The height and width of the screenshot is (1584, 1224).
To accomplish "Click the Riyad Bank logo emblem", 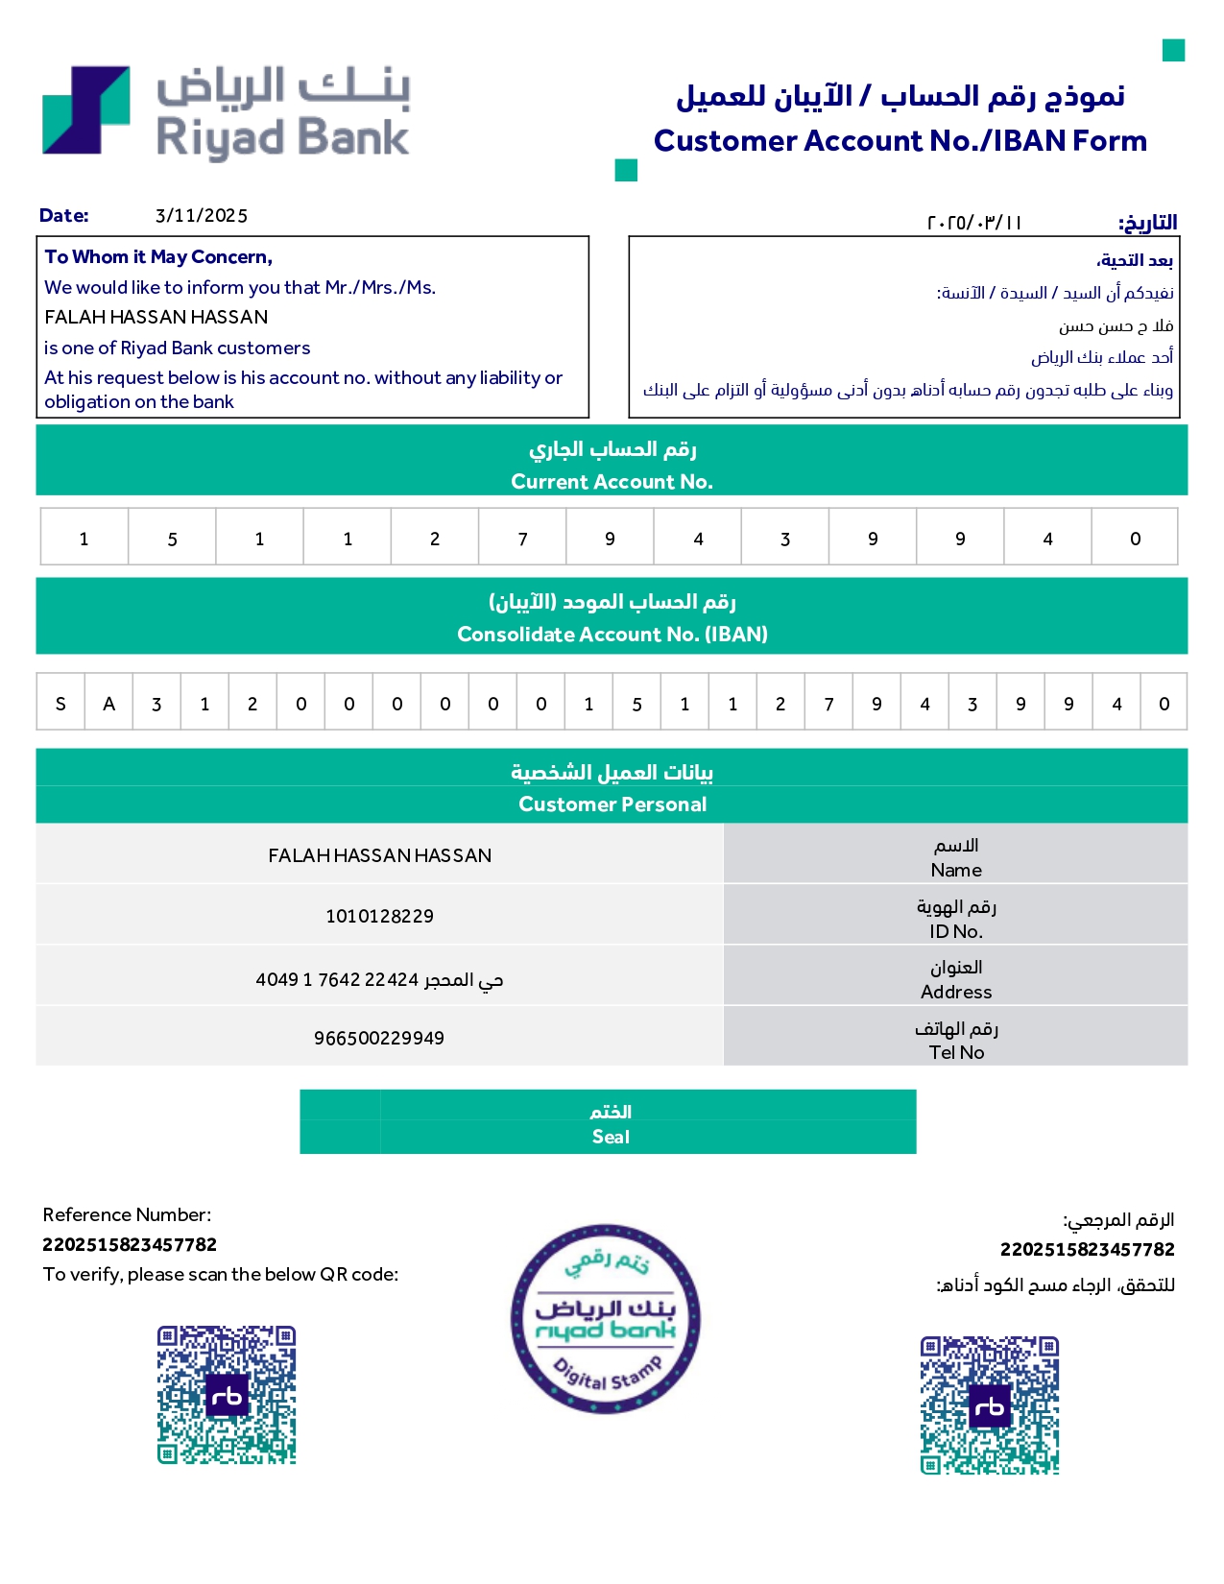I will click(x=86, y=110).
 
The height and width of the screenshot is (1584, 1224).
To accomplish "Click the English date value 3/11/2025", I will click(x=202, y=216).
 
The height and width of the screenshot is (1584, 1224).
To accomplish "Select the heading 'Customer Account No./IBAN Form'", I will click(x=900, y=141).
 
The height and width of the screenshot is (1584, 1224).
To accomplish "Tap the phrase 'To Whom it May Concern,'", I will click(x=158, y=257).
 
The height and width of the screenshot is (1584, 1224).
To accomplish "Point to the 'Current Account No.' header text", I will click(x=612, y=482).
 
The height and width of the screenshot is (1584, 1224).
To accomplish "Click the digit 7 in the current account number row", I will click(x=522, y=539).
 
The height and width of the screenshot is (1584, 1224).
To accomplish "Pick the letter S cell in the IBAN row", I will click(x=60, y=704).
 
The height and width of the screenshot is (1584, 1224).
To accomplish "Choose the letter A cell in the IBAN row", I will click(x=108, y=704).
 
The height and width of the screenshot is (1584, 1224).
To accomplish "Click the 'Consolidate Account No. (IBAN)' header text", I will click(x=612, y=635).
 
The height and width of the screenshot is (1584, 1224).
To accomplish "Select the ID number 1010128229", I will click(x=379, y=917).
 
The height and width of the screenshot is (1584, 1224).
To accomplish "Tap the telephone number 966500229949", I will click(x=379, y=1039).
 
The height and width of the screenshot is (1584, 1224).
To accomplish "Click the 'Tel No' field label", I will click(x=956, y=1052).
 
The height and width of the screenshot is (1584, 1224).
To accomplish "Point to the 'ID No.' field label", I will click(x=955, y=931).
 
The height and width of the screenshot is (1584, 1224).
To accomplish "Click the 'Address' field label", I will click(x=956, y=992).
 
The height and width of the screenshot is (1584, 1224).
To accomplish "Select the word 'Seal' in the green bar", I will click(x=611, y=1138).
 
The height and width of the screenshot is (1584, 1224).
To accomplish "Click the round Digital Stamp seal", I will click(x=606, y=1319).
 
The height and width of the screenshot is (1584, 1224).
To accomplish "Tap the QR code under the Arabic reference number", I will click(x=990, y=1405).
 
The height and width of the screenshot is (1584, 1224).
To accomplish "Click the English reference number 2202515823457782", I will click(x=130, y=1245).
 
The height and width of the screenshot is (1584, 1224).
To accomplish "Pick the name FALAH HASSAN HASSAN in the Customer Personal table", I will click(x=379, y=855).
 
